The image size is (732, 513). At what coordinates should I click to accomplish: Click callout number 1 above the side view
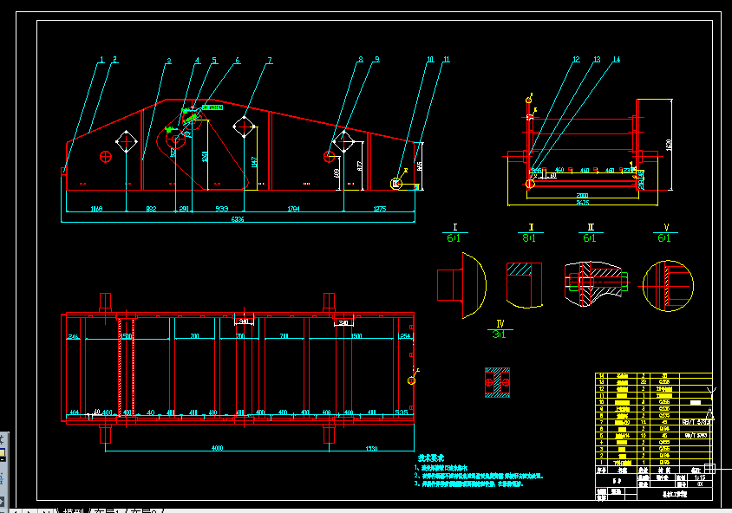click(101, 60)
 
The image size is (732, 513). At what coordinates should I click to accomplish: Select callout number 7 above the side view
click(270, 60)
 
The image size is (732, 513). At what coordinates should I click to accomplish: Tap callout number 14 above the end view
click(616, 60)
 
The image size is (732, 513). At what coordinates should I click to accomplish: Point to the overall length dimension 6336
click(238, 220)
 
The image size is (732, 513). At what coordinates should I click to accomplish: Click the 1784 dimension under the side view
click(293, 209)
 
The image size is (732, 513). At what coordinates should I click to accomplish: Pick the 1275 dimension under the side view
click(379, 209)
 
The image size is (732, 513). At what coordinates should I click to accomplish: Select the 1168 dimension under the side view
click(96, 209)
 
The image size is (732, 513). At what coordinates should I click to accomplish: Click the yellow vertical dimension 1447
click(254, 161)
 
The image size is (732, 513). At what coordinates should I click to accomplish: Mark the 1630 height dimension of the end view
click(669, 145)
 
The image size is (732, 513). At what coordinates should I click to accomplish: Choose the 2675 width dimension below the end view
click(583, 203)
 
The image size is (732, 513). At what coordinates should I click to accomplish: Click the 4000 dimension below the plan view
click(217, 448)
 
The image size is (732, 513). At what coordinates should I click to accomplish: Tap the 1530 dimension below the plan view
click(371, 448)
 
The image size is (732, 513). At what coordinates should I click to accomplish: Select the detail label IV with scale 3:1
click(500, 328)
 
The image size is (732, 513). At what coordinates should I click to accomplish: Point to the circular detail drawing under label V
click(668, 284)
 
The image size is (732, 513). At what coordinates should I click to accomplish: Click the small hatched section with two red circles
click(497, 382)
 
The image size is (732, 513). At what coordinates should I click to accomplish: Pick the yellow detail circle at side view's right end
click(396, 184)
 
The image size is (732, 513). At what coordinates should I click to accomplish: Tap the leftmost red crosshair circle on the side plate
click(106, 156)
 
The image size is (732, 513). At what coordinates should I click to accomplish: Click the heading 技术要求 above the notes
click(430, 458)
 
